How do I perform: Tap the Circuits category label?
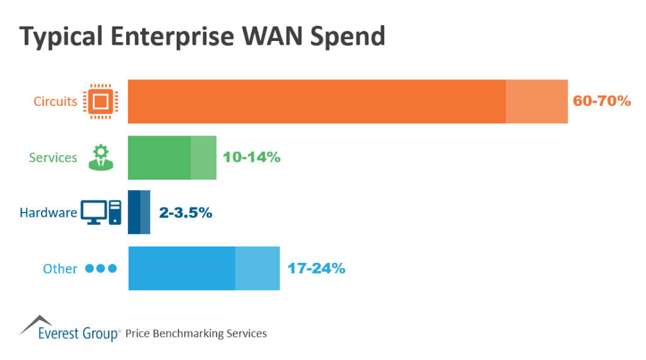(x=56, y=102)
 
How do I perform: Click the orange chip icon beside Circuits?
(x=101, y=102)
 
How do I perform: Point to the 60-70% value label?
(x=601, y=101)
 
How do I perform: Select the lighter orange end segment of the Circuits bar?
(x=536, y=102)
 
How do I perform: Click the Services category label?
(x=53, y=158)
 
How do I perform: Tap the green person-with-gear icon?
(x=100, y=157)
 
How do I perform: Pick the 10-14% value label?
(x=251, y=157)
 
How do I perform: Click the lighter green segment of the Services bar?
(x=203, y=158)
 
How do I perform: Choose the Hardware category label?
(x=48, y=212)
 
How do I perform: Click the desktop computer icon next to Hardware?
(x=100, y=212)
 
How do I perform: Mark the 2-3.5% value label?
(x=185, y=213)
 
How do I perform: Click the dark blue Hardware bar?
(x=134, y=212)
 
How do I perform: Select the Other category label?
(x=60, y=269)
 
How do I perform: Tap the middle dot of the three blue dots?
(x=101, y=269)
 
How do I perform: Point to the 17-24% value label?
(x=316, y=268)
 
